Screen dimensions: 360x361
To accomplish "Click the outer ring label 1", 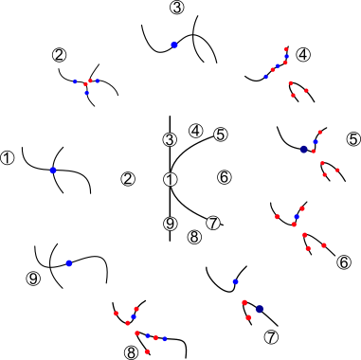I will click(9, 158).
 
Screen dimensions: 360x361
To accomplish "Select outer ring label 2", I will click(60, 56).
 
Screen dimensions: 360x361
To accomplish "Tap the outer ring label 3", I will click(177, 8).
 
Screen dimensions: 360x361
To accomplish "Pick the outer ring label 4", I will click(303, 55).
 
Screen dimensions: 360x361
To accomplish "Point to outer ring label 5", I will click(353, 139).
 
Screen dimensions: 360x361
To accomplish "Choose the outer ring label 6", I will click(343, 261).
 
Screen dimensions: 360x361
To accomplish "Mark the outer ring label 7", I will click(271, 337).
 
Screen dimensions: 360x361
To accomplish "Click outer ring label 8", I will click(131, 352).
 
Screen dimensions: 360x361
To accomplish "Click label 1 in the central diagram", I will click(171, 179).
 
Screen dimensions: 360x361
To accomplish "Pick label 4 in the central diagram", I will click(196, 131).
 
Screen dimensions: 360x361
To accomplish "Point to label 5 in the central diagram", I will click(221, 135).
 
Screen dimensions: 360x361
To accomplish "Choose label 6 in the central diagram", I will click(225, 177).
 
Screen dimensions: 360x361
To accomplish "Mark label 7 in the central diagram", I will click(214, 224).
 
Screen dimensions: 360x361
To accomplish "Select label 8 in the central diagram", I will click(194, 237).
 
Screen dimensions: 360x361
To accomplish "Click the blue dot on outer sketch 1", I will click(53, 170).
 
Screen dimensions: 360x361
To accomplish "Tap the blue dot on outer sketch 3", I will click(174, 45).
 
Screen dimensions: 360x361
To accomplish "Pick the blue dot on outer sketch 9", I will click(68, 262).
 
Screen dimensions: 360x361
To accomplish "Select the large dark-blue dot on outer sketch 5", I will click(304, 149).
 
